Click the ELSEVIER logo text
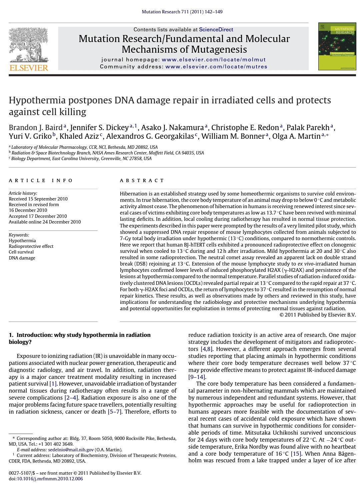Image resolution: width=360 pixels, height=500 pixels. pos(29,68)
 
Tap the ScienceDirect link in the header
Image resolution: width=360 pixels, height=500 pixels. pos(216,30)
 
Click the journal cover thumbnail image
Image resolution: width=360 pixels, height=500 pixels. pos(337,46)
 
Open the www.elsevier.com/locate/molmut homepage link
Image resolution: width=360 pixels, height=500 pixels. pos(214,60)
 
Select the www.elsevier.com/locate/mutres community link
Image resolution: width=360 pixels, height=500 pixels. pos(216,67)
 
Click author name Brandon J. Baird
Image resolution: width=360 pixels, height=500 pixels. pos(36,128)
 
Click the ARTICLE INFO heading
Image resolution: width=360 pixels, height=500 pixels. pos(41,180)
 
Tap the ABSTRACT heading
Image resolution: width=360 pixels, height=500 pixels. pos(142,180)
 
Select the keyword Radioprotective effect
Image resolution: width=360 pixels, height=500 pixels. pos(31,246)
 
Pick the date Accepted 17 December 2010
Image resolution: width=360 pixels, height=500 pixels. pos(38,216)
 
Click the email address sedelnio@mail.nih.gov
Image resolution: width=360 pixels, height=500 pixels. pos(71,450)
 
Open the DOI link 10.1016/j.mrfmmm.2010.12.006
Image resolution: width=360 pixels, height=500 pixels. pos(50,479)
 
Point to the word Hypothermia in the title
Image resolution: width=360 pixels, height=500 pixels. pos(37,100)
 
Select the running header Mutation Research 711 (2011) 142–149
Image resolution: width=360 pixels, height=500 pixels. pos(182,12)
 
